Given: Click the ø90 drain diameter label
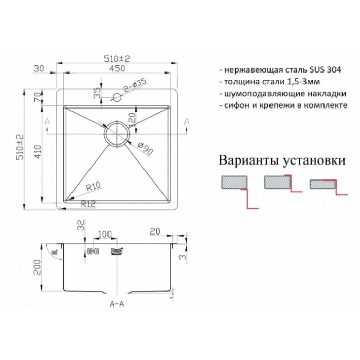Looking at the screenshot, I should [x=145, y=150].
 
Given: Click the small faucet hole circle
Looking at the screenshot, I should [x=117, y=96].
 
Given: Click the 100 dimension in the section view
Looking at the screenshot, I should [x=104, y=234].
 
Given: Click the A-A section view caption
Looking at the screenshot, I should [x=117, y=304].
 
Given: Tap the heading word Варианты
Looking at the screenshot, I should [x=250, y=160].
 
